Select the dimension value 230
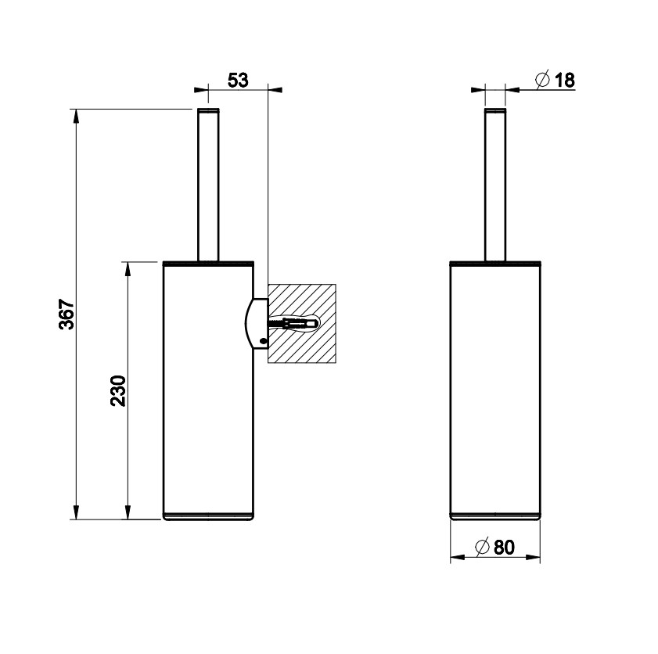118,390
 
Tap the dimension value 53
238,80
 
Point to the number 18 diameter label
564,80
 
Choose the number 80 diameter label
505,548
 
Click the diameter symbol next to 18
541,80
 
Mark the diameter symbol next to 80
481,548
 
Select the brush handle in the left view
208,185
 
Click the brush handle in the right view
495,185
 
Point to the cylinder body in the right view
495,387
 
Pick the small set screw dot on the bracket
263,340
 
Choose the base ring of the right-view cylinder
495,516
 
